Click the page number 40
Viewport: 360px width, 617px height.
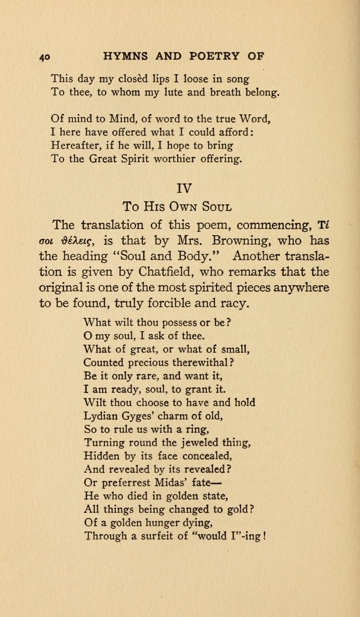[45, 57]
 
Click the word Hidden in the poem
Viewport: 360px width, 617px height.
[100, 455]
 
